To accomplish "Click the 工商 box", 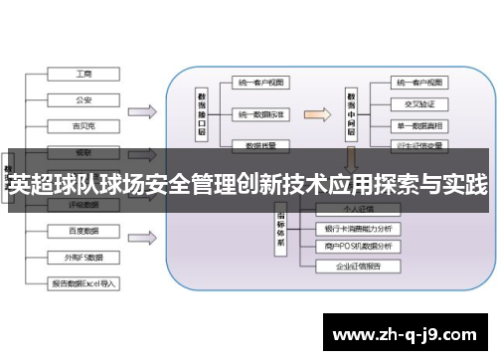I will pos(84,74).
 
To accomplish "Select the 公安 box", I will pos(84,99).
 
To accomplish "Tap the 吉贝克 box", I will pos(84,125).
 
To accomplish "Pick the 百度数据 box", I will pos(84,231).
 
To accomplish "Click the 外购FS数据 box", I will pos(84,256).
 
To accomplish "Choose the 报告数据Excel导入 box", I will pos(84,282).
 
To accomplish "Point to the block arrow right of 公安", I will pos(143,110).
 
